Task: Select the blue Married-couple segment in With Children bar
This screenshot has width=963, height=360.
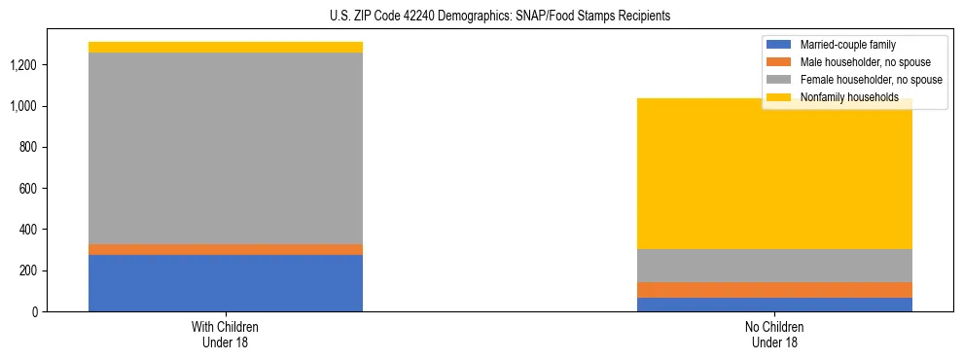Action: coord(226,283)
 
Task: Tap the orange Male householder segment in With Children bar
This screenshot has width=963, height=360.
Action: coord(226,249)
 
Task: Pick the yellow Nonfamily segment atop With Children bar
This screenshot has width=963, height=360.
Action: coord(226,47)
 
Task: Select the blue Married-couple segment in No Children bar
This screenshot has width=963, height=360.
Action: coord(775,305)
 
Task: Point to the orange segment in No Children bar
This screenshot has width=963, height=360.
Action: coord(775,290)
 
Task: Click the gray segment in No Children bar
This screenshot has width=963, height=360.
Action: coord(775,266)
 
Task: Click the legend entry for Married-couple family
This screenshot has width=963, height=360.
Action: coord(847,45)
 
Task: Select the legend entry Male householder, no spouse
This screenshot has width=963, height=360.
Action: coord(857,62)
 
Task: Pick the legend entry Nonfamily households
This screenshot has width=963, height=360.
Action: coord(842,97)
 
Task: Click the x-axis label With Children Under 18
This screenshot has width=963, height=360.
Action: coord(226,334)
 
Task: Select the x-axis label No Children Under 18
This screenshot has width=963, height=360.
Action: coord(775,334)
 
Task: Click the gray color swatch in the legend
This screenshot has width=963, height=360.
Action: coord(779,80)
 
